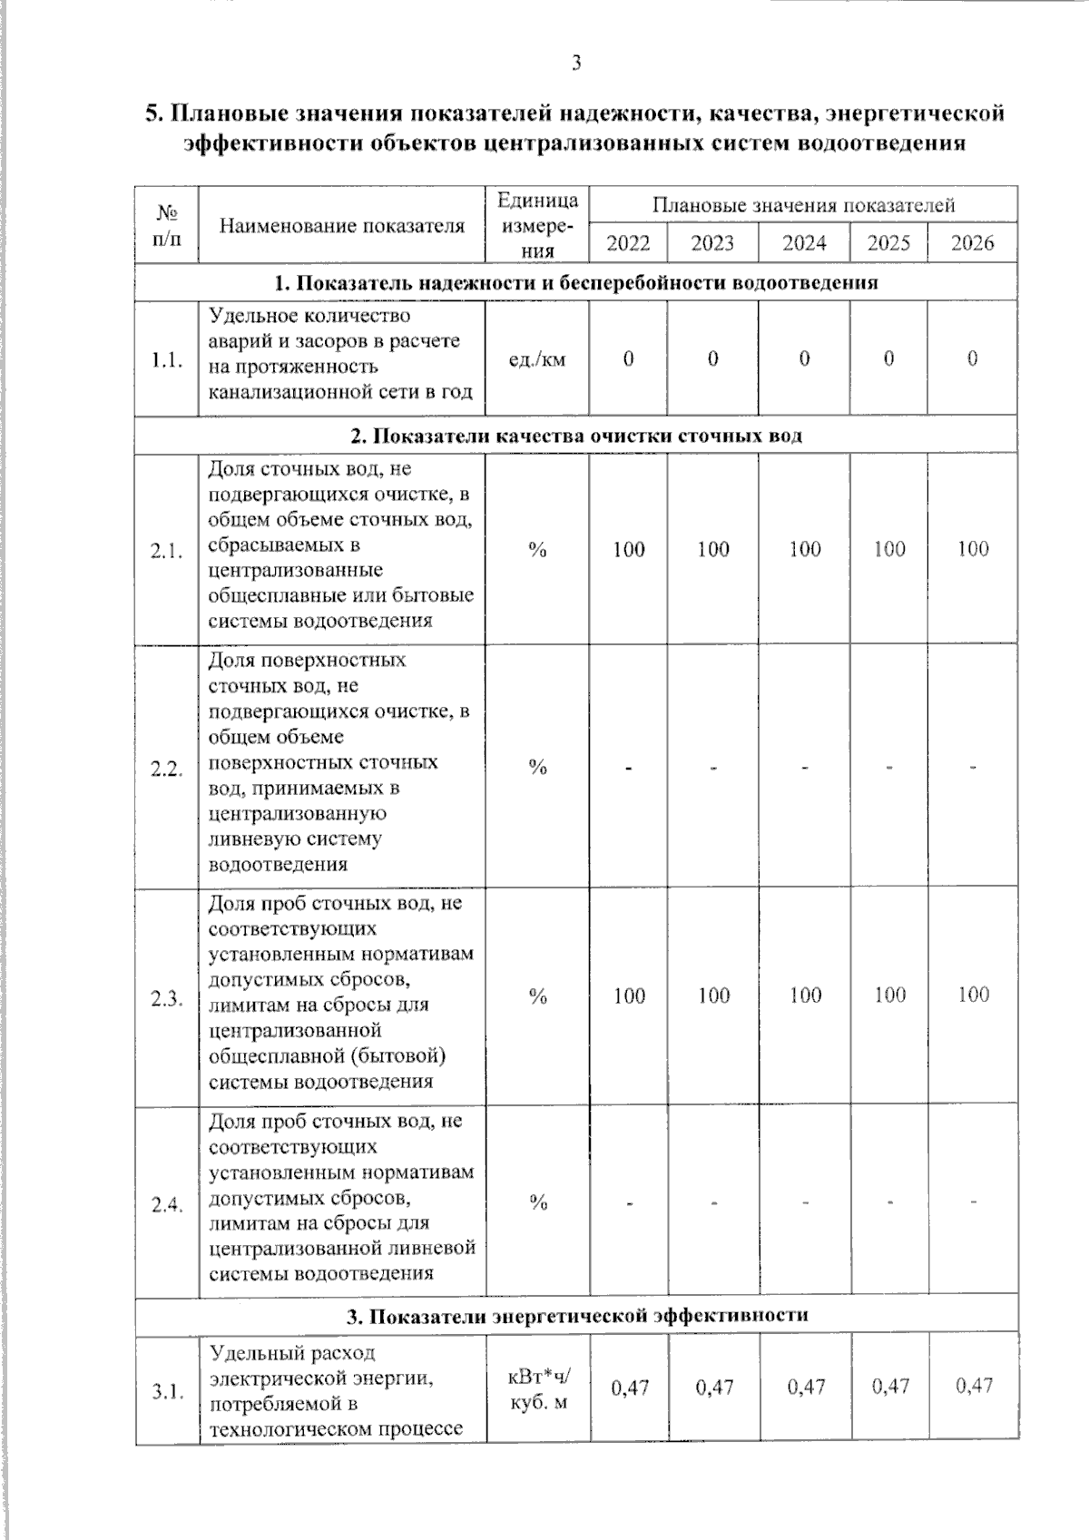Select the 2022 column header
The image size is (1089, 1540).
point(628,243)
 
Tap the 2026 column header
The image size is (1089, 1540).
point(972,243)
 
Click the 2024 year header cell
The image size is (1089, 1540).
point(804,243)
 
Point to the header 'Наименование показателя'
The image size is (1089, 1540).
point(342,226)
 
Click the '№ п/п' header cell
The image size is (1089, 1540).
point(166,225)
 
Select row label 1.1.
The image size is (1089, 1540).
point(167,360)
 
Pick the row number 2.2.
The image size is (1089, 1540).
point(167,769)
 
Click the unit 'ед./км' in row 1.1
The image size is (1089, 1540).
point(537,359)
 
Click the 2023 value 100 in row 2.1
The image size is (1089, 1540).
point(713,549)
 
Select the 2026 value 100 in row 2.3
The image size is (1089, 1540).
point(973,995)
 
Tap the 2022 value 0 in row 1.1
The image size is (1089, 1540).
point(628,359)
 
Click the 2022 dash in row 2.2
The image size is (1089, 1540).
point(628,769)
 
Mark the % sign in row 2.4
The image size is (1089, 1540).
point(538,1203)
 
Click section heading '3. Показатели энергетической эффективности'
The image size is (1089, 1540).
point(576,1315)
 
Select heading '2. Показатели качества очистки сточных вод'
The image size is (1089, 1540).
point(576,436)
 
